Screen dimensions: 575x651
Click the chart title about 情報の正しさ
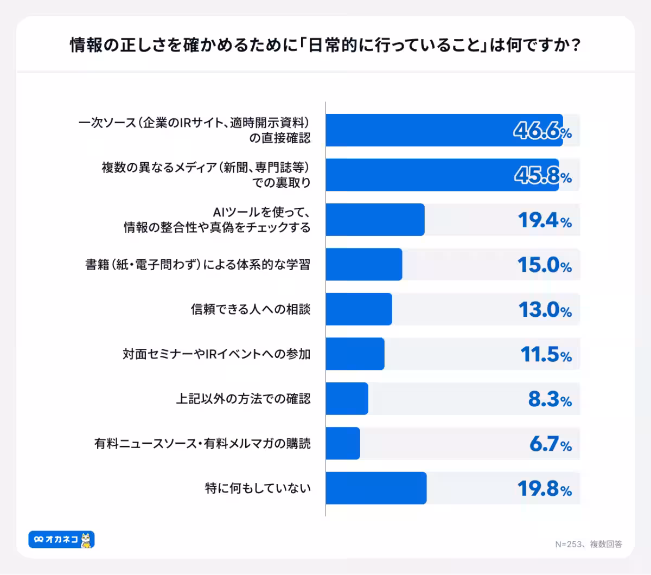325,45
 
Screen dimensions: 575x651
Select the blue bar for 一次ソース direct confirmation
444,130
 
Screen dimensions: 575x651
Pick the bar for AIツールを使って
375,220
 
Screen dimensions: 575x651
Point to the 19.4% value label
545,220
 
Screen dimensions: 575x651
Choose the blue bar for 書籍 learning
364,264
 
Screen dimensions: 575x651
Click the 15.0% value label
545,265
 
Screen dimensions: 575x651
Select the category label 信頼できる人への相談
251,309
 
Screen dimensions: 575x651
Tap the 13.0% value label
545,310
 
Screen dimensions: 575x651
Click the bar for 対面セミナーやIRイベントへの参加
355,354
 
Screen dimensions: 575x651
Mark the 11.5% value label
546,355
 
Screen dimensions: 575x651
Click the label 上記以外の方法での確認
244,399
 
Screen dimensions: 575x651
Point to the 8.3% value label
550,399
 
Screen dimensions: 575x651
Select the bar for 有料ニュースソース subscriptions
343,443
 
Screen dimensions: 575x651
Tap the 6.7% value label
550,444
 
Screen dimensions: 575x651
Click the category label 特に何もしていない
258,488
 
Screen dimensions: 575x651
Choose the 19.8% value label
545,489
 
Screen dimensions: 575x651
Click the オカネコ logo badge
61,539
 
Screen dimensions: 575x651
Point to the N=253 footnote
589,544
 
